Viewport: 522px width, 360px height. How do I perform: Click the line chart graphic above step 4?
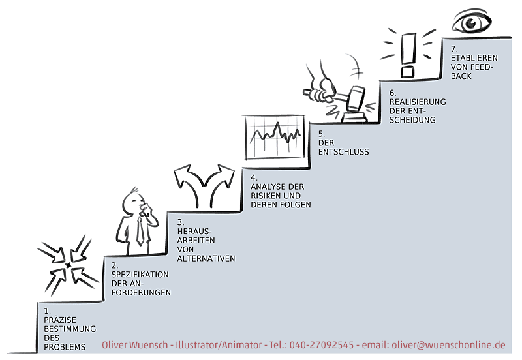click(x=274, y=136)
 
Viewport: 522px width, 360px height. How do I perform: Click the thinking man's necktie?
click(x=140, y=232)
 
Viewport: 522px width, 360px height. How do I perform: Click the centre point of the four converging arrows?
click(x=69, y=265)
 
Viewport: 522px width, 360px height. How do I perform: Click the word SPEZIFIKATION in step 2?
click(x=140, y=274)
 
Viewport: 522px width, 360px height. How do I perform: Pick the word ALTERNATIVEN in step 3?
click(x=206, y=258)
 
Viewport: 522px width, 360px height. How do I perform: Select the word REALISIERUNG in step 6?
click(x=418, y=102)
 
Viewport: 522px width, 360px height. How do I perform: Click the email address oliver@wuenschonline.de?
click(x=448, y=345)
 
